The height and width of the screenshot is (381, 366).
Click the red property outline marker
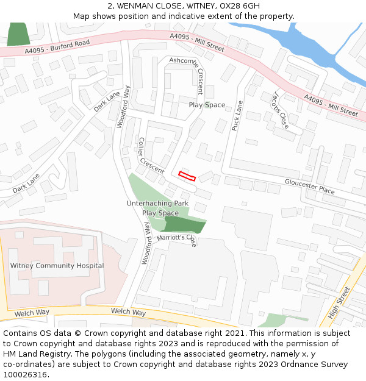[187, 176]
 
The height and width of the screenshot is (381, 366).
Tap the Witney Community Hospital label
[57, 266]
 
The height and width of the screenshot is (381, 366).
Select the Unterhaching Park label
[157, 203]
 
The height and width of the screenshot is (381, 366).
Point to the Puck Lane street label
[237, 115]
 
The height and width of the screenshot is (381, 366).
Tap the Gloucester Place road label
[310, 186]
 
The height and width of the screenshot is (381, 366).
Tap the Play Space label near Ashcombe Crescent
[207, 105]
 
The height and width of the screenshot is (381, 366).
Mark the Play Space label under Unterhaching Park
[160, 213]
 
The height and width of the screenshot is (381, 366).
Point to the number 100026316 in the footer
[26, 375]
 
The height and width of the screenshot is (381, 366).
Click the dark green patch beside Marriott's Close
[185, 224]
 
